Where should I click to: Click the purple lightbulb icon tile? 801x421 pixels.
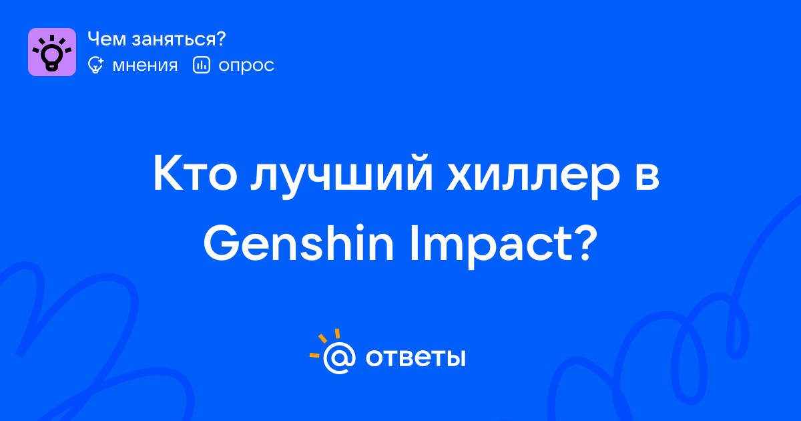point(52,52)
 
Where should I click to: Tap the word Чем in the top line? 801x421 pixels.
point(107,39)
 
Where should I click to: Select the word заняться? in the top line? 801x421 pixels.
point(179,40)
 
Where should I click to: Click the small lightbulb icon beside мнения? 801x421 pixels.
point(95,65)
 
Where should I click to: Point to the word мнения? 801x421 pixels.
point(145,65)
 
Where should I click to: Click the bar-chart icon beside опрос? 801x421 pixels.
point(202,65)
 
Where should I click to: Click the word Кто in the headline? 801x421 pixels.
point(196,174)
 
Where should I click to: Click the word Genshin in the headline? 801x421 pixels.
point(298,243)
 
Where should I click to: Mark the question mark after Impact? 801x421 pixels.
point(586,243)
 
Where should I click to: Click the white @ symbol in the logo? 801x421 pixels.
point(339,358)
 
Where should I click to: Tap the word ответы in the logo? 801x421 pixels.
point(415,358)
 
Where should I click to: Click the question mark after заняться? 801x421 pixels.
point(221,39)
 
